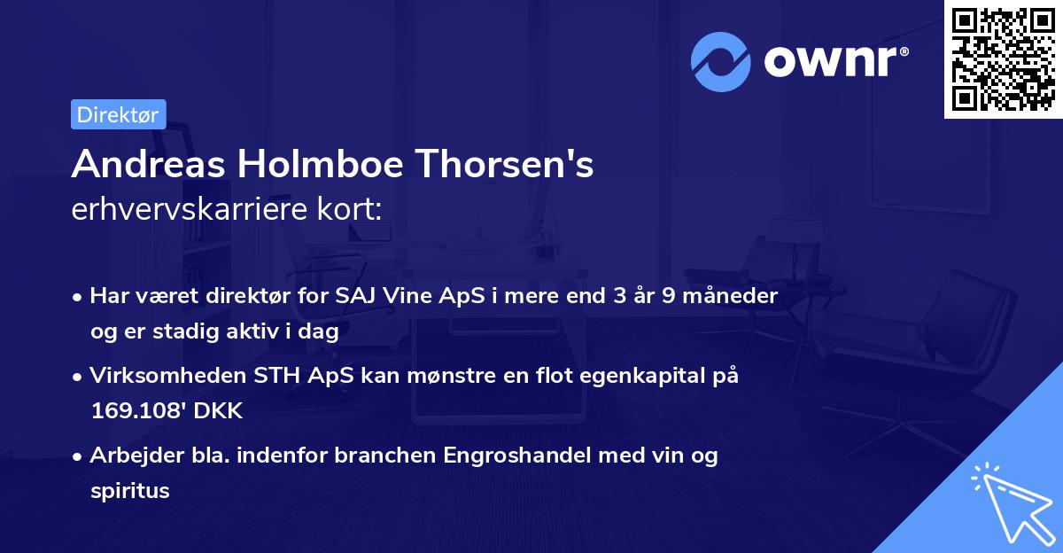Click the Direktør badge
pyautogui.click(x=118, y=114)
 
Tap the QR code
pyautogui.click(x=1003, y=58)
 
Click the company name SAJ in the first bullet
pyautogui.click(x=356, y=296)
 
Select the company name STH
pyautogui.click(x=283, y=376)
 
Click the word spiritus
pyautogui.click(x=129, y=491)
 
